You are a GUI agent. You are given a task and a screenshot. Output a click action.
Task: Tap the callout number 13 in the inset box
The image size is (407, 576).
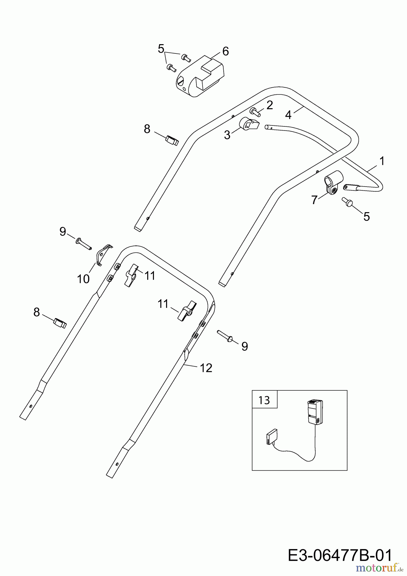[264, 400]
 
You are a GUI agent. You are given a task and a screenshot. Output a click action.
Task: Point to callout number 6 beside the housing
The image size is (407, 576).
[225, 51]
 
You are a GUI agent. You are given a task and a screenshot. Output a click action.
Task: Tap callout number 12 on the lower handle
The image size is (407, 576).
[206, 368]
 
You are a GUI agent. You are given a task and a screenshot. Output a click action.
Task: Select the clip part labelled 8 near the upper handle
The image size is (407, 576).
[172, 140]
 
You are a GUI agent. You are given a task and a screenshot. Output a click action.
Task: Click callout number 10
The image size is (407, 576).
[83, 279]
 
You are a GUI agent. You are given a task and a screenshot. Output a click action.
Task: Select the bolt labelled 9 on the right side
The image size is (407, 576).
[225, 335]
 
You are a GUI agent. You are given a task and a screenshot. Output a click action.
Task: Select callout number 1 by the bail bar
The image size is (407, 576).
[382, 161]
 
